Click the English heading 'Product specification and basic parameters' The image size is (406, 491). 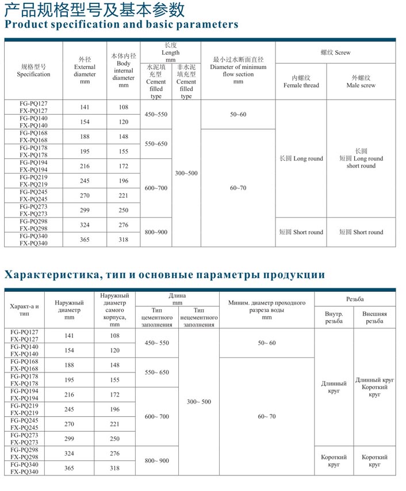(121, 24)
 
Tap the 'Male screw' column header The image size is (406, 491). (361, 82)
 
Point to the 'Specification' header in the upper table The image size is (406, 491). (33, 70)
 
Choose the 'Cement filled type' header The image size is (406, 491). (156, 82)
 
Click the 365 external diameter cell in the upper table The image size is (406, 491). (85, 239)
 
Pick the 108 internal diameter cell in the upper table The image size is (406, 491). (123, 108)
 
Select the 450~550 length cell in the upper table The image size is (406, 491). (156, 115)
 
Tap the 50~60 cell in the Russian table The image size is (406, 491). (267, 343)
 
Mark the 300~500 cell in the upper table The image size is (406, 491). (186, 173)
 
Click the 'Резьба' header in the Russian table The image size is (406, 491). (355, 299)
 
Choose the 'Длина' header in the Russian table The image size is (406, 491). (177, 298)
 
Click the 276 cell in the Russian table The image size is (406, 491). (115, 454)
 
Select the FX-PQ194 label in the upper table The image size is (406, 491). (33, 170)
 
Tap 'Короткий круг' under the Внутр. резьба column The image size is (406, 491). (334, 460)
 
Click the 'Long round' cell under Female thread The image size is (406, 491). (301, 158)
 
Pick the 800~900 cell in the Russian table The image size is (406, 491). (157, 460)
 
